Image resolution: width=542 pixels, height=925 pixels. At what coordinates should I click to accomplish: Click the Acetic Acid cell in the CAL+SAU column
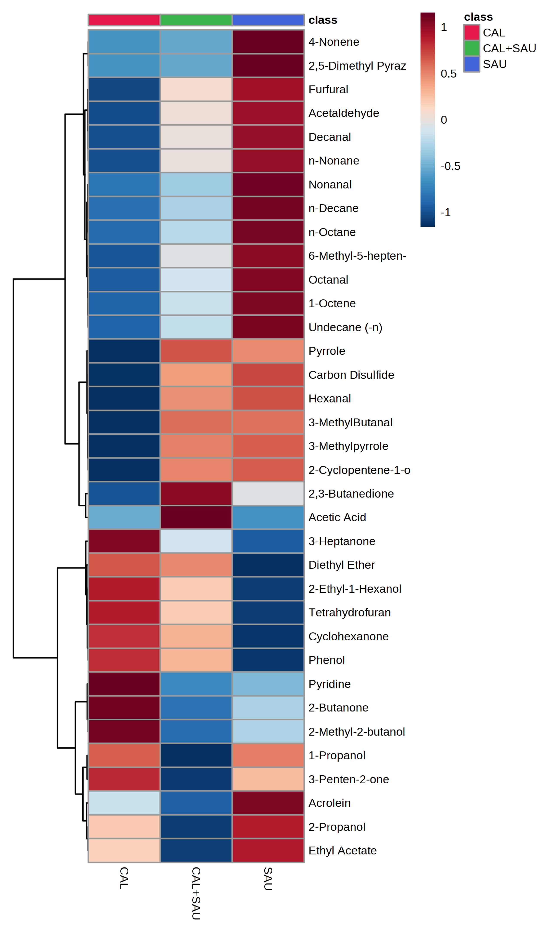(x=196, y=517)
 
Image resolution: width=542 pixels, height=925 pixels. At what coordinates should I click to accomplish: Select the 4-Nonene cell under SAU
(x=268, y=42)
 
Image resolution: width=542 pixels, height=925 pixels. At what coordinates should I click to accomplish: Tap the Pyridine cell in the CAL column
(x=124, y=684)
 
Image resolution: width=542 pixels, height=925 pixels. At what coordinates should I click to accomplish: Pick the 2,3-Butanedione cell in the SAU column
(x=268, y=493)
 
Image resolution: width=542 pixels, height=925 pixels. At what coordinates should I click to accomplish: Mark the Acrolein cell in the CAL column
(x=124, y=803)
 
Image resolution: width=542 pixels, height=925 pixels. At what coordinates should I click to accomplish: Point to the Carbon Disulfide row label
(x=351, y=375)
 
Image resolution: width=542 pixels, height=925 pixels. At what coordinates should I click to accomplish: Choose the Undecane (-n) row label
(x=345, y=327)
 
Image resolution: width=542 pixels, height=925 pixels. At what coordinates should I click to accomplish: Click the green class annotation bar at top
(x=196, y=20)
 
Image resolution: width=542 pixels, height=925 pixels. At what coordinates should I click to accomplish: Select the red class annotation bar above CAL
(x=124, y=20)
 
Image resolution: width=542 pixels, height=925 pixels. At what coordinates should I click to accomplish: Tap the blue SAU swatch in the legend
(x=471, y=64)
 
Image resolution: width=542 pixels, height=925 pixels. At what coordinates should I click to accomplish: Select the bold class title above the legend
(x=478, y=17)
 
